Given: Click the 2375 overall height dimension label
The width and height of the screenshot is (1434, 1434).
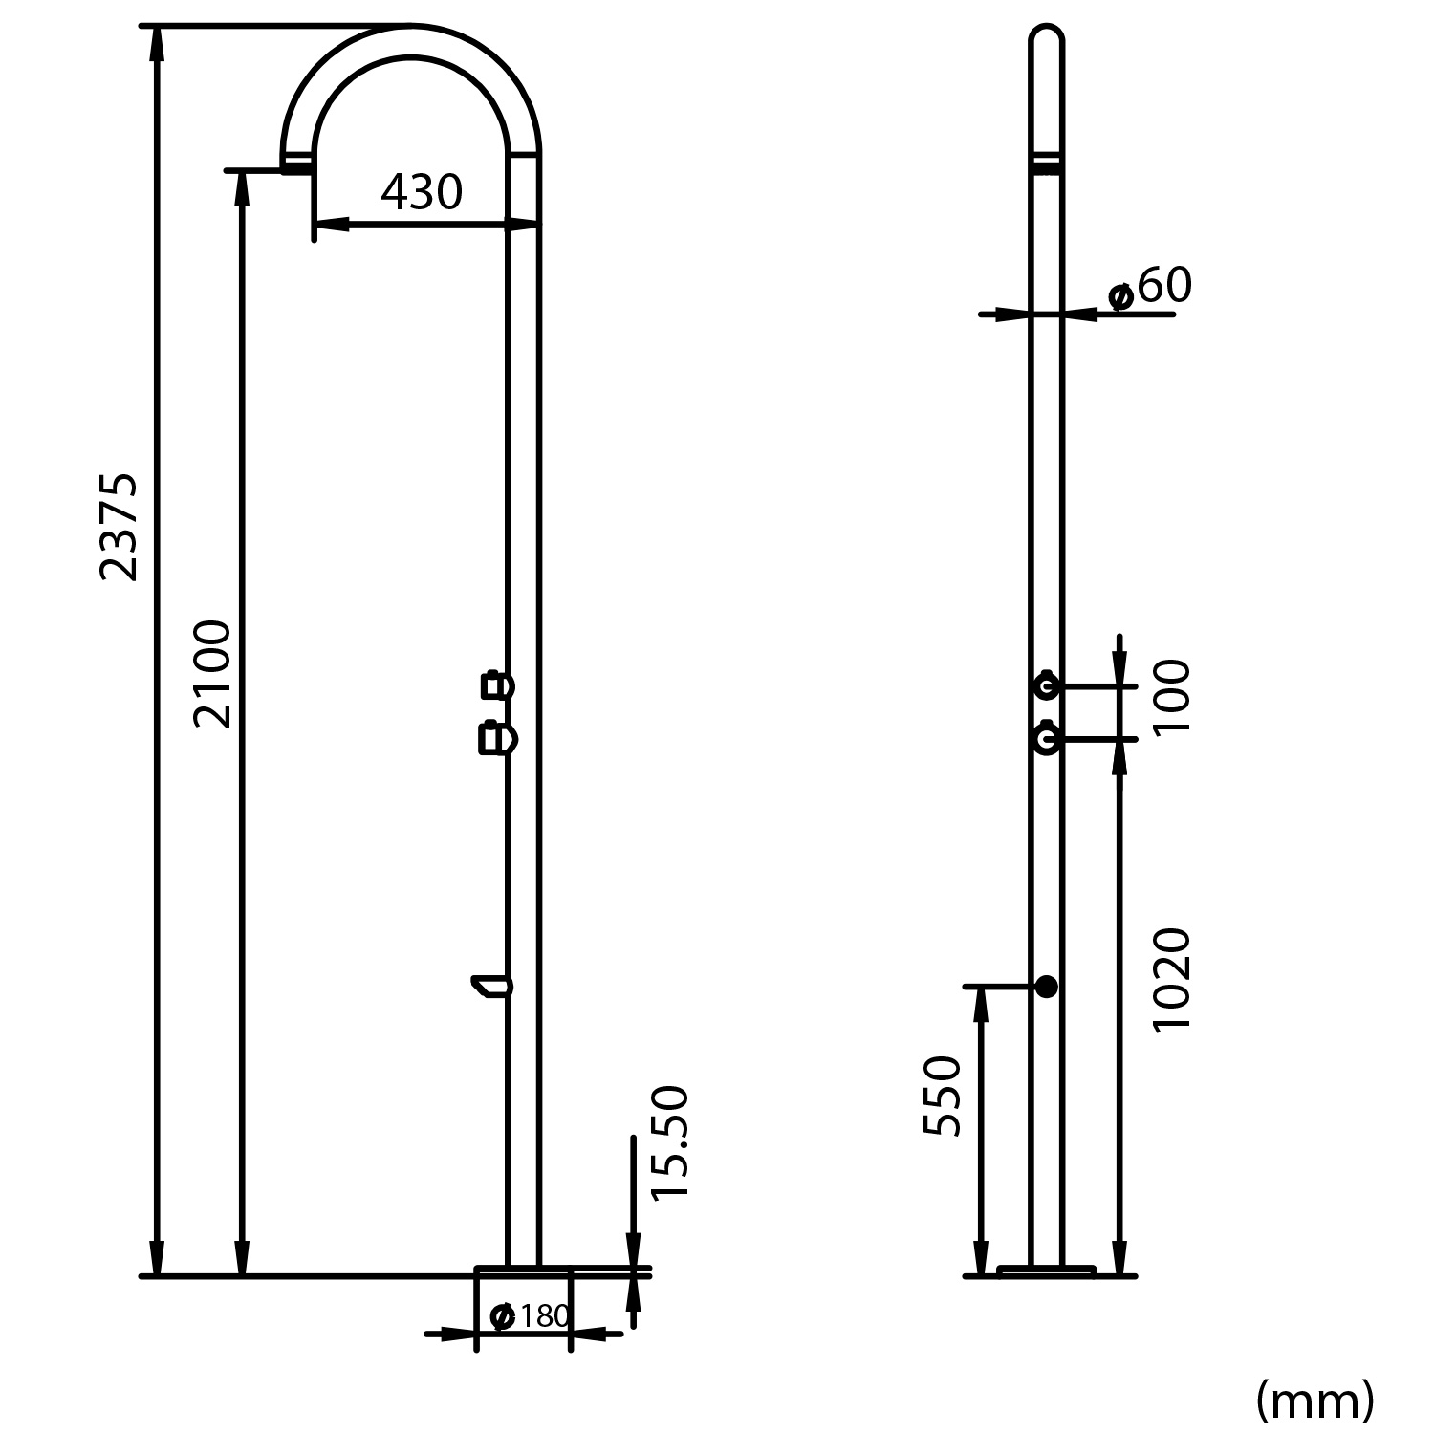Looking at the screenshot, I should [120, 526].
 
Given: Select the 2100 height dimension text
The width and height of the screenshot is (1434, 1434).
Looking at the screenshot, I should [212, 674].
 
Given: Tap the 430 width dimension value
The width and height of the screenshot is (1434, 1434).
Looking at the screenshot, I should [422, 193].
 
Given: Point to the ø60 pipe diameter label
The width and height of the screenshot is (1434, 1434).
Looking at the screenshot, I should [1150, 287].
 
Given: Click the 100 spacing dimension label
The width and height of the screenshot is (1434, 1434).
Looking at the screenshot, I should [1172, 697].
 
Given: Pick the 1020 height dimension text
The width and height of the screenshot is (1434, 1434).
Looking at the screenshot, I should [1172, 979].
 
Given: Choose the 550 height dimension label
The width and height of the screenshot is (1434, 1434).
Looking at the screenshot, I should [943, 1096].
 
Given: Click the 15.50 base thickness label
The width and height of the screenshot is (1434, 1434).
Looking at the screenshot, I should [668, 1142].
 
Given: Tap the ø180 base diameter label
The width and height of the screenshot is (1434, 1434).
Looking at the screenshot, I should [531, 1316].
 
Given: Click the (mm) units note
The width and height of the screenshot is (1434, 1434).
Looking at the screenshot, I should [1314, 1401].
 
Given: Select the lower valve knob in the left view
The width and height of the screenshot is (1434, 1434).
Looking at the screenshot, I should [496, 739].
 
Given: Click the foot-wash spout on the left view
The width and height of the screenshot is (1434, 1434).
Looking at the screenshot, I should [491, 985].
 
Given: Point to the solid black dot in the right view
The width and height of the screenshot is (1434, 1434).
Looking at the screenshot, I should [1047, 987].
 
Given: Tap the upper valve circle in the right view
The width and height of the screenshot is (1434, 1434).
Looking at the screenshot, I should [1046, 685].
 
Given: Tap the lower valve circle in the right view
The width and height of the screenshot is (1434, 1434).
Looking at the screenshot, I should [1046, 739].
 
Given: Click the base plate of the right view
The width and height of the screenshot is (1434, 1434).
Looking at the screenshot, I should [1046, 1271].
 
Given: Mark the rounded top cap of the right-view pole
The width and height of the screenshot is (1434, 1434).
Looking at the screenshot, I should [1046, 38].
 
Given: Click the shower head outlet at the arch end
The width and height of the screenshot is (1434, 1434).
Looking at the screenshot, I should [296, 166].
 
